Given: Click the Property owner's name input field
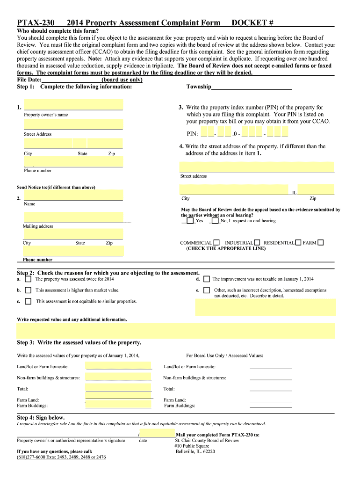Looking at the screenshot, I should coord(73,104).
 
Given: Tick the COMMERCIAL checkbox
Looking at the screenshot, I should coord(216,243).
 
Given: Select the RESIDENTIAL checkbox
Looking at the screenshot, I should coord(298,243).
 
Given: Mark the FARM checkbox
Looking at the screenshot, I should coord(320,243).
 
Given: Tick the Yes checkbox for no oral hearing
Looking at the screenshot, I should coord(190,221).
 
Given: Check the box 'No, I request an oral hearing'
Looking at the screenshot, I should coord(215,221).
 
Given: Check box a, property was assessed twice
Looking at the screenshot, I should coord(28,279).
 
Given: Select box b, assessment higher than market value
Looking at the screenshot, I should coord(28,290).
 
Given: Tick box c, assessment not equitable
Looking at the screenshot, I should coord(28,302).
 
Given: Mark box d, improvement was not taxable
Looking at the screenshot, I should coord(206,279).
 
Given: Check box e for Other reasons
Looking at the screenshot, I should coord(206,290).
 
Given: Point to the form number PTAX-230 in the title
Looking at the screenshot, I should coord(36,23).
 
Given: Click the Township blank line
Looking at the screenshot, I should coord(252,87).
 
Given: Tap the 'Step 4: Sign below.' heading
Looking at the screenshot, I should coord(41,417).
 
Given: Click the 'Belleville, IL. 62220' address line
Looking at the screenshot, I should coord(195,452).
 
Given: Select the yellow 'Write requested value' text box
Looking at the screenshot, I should coord(176,330).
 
